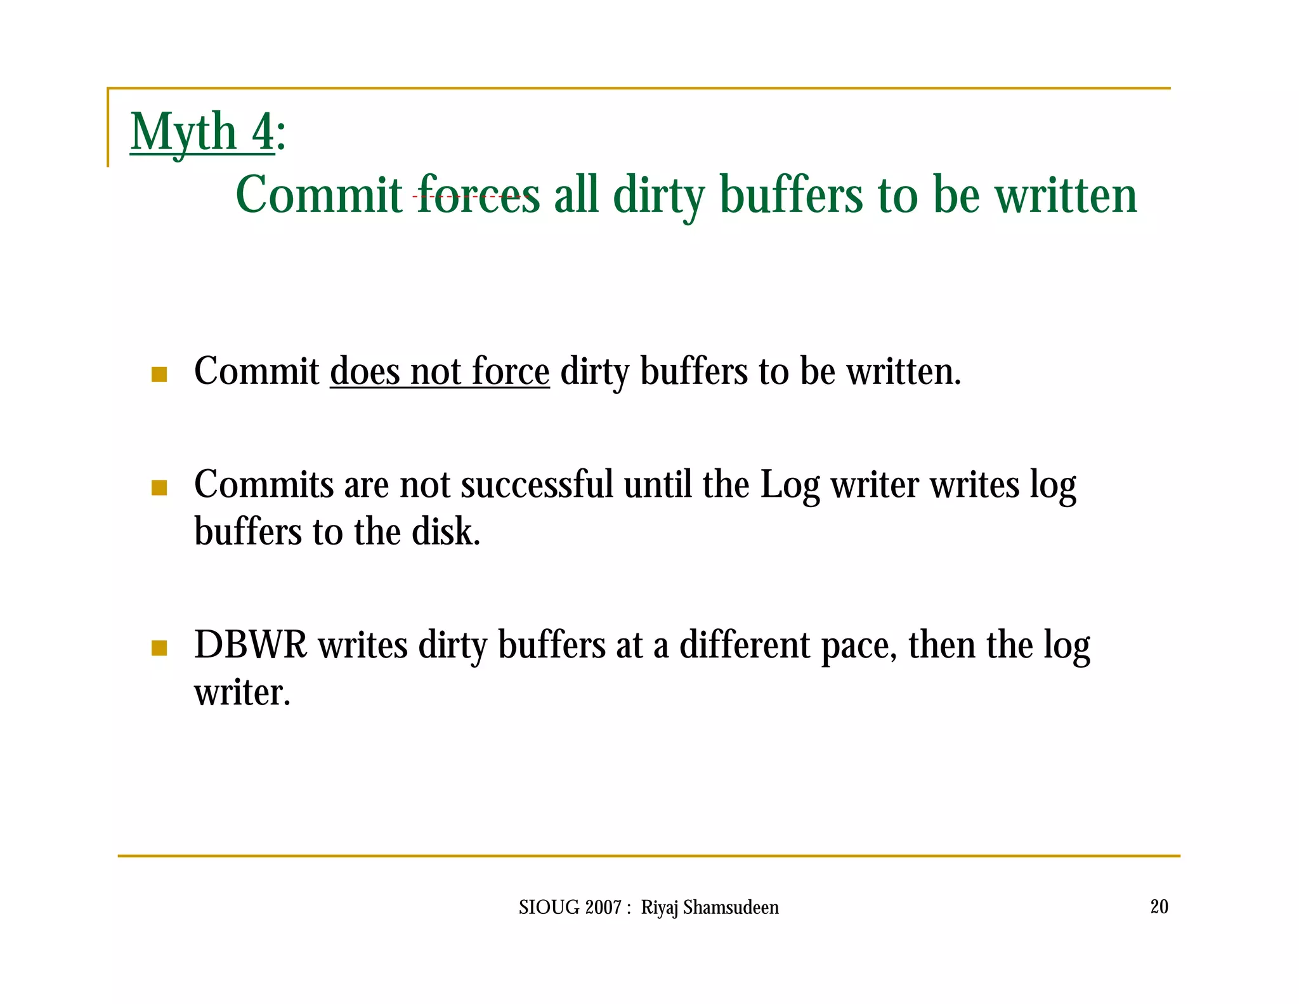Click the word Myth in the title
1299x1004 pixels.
(x=183, y=132)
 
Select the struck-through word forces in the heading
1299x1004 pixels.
(x=478, y=195)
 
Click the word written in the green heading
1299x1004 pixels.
(x=1066, y=195)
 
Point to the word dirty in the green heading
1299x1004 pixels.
(x=659, y=196)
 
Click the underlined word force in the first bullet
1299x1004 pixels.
(x=511, y=371)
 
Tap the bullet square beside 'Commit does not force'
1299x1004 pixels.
(x=159, y=374)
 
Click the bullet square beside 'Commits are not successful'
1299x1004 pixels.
(x=159, y=487)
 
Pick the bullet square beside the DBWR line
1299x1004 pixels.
(x=159, y=648)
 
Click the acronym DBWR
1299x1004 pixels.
(x=251, y=645)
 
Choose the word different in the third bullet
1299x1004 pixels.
(x=745, y=645)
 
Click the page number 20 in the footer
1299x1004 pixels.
(x=1159, y=906)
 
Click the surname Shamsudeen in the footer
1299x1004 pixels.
(x=731, y=908)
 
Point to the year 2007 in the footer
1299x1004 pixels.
(x=603, y=908)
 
